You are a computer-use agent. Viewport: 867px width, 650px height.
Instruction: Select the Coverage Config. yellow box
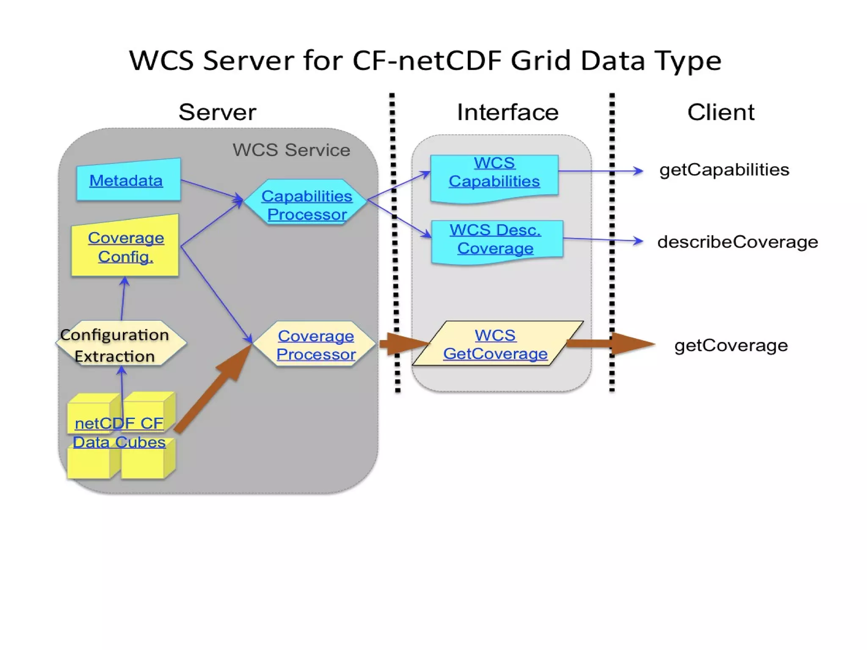pos(125,247)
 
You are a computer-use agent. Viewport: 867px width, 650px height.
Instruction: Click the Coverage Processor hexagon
pos(315,344)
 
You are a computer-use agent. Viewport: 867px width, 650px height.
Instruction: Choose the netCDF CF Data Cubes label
pos(119,432)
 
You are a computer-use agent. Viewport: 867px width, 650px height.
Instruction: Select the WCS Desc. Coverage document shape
pos(496,240)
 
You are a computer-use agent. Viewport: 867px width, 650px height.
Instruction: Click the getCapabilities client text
pos(724,170)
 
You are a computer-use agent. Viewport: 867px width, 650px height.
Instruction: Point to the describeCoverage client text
pos(737,242)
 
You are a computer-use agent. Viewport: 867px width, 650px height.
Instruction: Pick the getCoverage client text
pos(731,345)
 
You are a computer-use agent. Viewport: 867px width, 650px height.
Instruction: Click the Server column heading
pos(217,112)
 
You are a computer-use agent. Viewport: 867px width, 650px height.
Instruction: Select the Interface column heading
pos(508,112)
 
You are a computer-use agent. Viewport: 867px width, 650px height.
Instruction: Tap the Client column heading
pos(721,112)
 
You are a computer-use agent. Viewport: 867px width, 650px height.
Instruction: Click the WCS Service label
pos(291,150)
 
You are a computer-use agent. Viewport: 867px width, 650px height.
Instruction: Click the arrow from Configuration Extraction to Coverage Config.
pos(123,299)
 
